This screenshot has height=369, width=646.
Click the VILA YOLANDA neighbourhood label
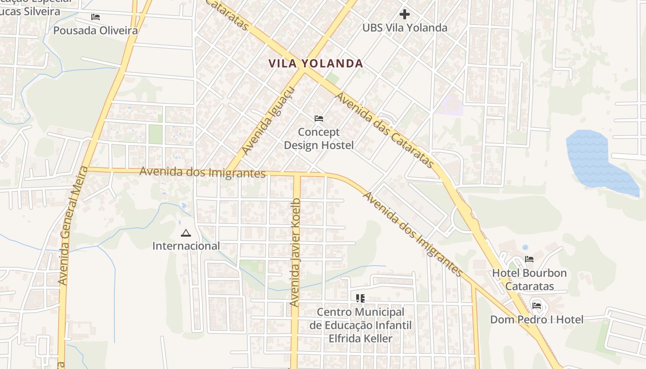(316, 64)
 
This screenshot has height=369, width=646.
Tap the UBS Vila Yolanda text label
(405, 28)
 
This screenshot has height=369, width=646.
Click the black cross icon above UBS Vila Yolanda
(405, 14)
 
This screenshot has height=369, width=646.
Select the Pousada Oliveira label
(96, 31)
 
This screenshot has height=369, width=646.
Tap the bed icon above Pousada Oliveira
(96, 17)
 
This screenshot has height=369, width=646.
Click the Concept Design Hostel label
(319, 139)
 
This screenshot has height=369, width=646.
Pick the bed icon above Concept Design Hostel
(319, 119)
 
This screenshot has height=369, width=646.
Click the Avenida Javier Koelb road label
(295, 253)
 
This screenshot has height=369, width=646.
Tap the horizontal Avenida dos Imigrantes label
(203, 173)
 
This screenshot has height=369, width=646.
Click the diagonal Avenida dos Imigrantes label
(413, 234)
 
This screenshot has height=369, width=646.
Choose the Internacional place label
(186, 246)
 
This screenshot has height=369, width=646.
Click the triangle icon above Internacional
(186, 233)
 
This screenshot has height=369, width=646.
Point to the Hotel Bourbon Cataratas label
(529, 280)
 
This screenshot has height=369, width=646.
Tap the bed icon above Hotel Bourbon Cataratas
(529, 259)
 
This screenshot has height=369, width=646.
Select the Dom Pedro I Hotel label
(537, 319)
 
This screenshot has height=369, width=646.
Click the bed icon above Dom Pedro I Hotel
(537, 305)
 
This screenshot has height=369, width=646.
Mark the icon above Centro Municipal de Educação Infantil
(360, 298)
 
